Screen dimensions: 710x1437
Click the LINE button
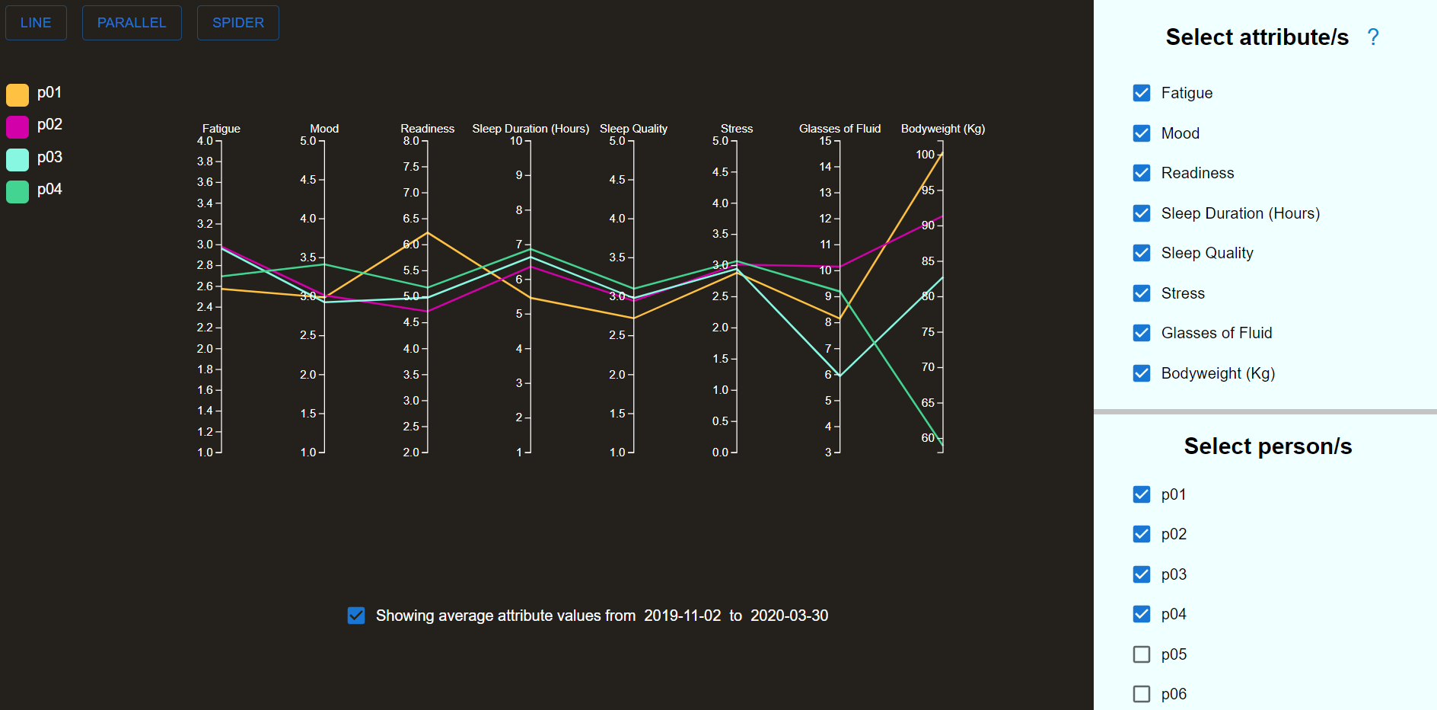pos(36,23)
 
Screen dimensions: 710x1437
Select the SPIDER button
pos(237,23)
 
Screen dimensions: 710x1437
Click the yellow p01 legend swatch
pos(18,94)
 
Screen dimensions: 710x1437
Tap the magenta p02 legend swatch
pos(18,126)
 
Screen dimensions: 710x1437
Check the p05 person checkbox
pos(1141,654)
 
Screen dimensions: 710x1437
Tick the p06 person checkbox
pos(1141,694)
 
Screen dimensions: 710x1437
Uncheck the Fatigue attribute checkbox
pos(1141,93)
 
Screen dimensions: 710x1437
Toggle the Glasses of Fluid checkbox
pos(1141,333)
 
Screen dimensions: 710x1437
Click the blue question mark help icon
pos(1372,37)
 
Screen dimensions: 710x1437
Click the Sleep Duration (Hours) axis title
pos(531,129)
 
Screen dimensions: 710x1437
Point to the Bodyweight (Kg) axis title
pos(942,129)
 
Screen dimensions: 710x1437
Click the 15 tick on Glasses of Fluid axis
pos(825,141)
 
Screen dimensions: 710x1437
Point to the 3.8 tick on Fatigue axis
pos(205,162)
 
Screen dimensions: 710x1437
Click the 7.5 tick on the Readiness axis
pos(411,167)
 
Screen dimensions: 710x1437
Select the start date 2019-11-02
pos(682,616)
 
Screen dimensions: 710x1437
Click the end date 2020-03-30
pos(789,616)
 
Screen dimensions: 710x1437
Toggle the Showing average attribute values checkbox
pos(356,616)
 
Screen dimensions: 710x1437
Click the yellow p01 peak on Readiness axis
pos(428,232)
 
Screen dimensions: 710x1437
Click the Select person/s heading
pos(1267,446)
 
